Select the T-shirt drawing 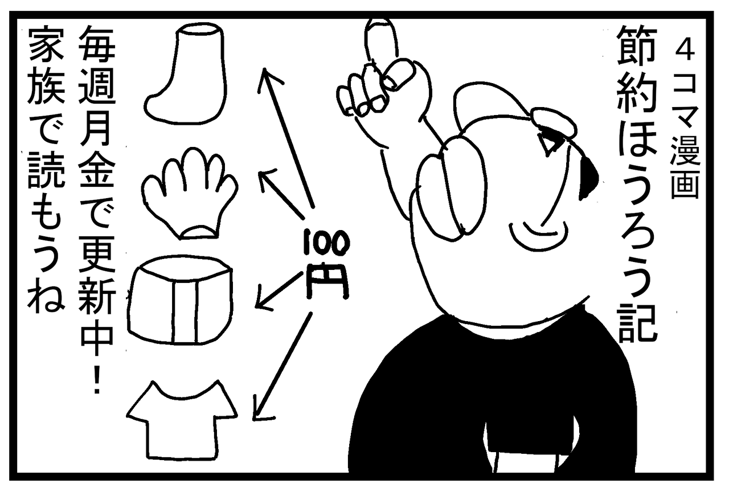pos(182,420)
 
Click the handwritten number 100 pos(326,243)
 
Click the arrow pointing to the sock pos(286,137)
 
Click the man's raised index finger pos(382,40)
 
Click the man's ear pos(452,188)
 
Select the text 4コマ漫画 pos(685,122)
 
